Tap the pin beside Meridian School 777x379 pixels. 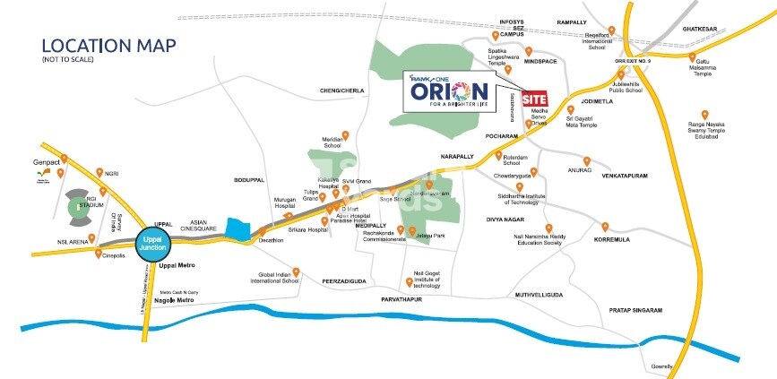click(345, 135)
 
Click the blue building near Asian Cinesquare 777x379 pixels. click(237, 229)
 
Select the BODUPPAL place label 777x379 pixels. click(250, 180)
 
